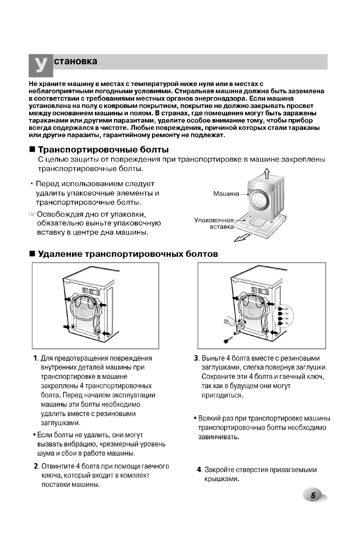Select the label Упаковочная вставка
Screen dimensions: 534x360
coord(214,223)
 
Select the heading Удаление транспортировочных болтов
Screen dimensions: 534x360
coord(128,254)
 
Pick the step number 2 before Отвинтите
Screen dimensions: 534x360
coord(36,467)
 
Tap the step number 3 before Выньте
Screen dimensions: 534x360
coord(196,358)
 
